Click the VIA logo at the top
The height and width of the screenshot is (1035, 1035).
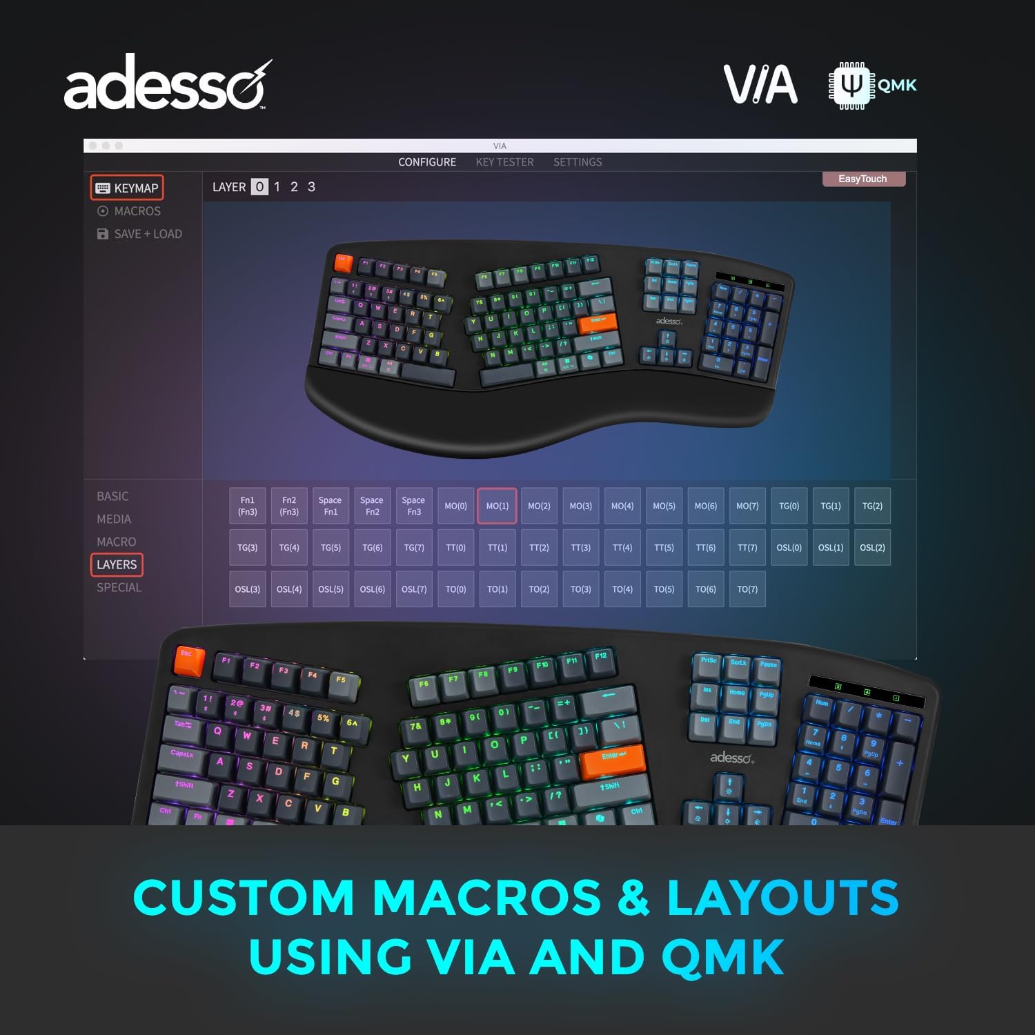point(760,85)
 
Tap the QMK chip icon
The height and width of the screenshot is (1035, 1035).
point(851,86)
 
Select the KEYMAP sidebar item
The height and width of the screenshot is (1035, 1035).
point(127,188)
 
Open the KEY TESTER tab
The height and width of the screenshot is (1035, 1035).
point(504,162)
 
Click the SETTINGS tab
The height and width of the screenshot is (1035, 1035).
point(578,162)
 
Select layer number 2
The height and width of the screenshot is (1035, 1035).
point(294,187)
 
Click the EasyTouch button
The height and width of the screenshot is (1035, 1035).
point(862,179)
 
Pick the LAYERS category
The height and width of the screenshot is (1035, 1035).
point(117,564)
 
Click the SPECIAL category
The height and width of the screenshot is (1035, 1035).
point(119,587)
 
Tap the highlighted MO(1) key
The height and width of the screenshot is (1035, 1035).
point(497,506)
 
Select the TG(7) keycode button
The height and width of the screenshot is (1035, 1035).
point(414,548)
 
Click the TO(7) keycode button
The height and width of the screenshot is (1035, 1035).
point(747,589)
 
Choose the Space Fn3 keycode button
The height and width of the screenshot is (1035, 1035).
point(414,506)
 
